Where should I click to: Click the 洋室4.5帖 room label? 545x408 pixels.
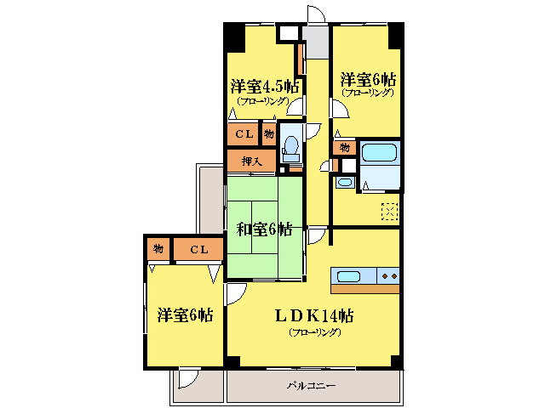[x=264, y=86]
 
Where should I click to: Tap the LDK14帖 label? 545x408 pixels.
[x=314, y=315]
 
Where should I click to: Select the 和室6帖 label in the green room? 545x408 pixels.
[x=264, y=229]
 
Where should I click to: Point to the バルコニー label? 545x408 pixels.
[x=311, y=386]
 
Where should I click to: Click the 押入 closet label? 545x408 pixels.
[x=251, y=161]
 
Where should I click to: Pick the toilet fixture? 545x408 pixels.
[x=290, y=148]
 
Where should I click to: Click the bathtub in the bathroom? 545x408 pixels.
[x=380, y=154]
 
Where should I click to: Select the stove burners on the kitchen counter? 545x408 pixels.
[x=390, y=275]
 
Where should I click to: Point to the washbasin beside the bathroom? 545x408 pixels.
[x=344, y=182]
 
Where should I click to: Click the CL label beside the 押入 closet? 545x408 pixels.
[x=244, y=134]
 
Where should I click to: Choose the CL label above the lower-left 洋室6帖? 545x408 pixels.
[x=199, y=249]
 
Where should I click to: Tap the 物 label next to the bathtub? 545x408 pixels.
[x=344, y=147]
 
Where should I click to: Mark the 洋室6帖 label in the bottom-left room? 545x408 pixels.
[x=184, y=315]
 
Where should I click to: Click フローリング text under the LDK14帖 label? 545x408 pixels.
[x=314, y=332]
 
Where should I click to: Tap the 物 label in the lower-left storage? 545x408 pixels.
[x=158, y=249]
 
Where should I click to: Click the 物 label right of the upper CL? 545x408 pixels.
[x=268, y=133]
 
